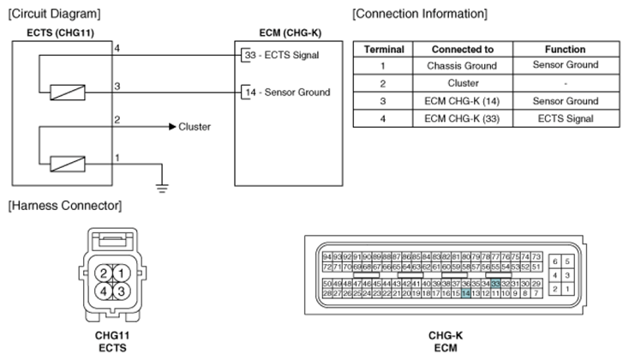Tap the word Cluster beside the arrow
pyautogui.click(x=195, y=127)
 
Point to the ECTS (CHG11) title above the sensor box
pyautogui.click(x=45, y=33)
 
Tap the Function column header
pyautogui.click(x=565, y=50)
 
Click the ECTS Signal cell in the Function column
pyautogui.click(x=565, y=118)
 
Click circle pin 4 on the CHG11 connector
pyautogui.click(x=102, y=291)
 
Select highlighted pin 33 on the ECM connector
pyautogui.click(x=495, y=284)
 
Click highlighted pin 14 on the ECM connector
pyautogui.click(x=465, y=293)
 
